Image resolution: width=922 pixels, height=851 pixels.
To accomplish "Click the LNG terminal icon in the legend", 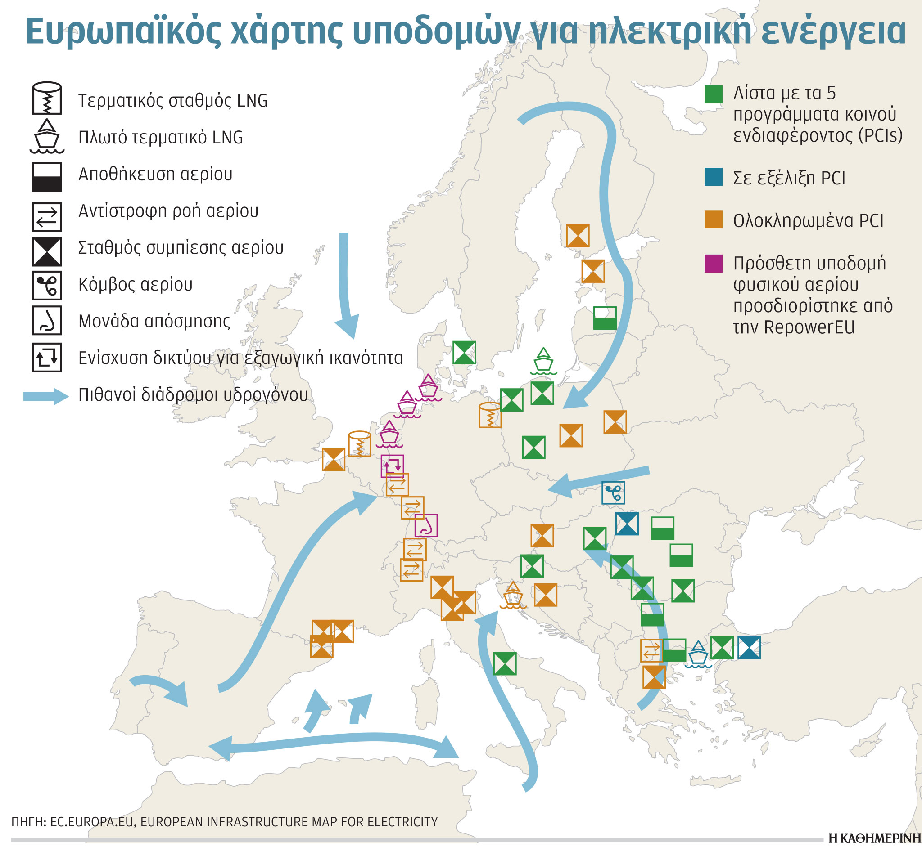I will coord(46,98).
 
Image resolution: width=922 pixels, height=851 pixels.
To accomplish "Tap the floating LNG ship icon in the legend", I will coord(46,136).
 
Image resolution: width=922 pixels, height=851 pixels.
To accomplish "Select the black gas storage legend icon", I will coord(46,176).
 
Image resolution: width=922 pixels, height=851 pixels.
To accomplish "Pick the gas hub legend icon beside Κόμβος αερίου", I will coord(46,286).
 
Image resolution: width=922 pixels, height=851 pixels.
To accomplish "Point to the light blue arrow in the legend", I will coord(45,396).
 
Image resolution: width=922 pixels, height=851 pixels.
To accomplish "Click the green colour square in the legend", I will coord(713,94).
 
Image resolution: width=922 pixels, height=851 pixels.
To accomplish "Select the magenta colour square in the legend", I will coord(713,264).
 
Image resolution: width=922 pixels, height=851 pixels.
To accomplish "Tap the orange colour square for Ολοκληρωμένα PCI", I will coord(713,219).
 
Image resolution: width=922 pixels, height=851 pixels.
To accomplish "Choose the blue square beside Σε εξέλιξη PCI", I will coord(713,177).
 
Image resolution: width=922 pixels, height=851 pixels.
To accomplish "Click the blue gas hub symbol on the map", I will coord(613,493).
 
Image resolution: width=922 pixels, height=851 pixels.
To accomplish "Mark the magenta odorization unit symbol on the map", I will coord(426,525).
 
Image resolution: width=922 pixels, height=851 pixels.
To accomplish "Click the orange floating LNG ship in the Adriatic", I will coord(513,595).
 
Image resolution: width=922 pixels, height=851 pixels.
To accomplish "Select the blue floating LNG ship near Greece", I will coord(698,654).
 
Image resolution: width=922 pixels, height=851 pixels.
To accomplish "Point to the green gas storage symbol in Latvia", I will coord(605,318).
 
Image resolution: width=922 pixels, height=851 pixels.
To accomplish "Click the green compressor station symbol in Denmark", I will coord(464,353).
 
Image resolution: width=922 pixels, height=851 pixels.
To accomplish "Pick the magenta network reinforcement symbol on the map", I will coord(392,466).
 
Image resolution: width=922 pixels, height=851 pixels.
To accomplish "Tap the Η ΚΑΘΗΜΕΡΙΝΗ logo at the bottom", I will coord(873,839).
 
